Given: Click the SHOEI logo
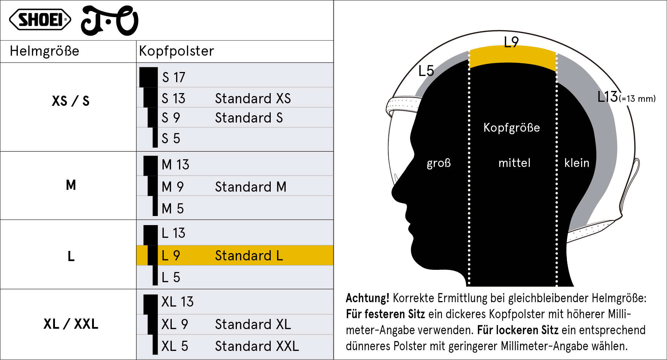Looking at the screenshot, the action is pos(40,20).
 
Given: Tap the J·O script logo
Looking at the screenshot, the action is pos(110,21).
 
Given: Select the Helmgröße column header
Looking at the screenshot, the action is pos(44,51).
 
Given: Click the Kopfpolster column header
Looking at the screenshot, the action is pos(176,51).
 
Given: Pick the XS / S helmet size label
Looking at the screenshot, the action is pos(71,101).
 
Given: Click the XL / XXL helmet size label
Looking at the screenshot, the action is pos(71,324).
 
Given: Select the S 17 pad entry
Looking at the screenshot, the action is pos(174,77).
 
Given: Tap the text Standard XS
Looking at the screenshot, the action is pos(253,98).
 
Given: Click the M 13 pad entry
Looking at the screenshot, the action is pos(175,165).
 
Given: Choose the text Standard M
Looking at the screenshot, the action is pos(251,187).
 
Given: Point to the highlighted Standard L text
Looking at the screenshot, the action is pos(249,256).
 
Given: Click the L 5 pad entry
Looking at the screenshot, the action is pos(171,277).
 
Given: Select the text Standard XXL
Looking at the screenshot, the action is pos(257,346).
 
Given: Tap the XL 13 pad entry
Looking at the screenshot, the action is pos(178,302).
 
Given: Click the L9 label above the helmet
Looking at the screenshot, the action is pos(511,42).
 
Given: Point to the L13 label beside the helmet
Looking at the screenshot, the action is pos(608,97).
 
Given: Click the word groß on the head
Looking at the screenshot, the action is pos(439,163).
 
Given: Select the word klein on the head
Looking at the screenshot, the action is pos(577,163).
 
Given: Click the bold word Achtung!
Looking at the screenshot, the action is pos(368,298).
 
